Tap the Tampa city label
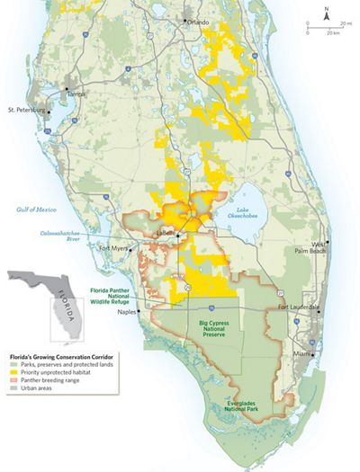pos(79,92)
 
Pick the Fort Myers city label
pos(115,247)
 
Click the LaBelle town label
pos(166,232)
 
